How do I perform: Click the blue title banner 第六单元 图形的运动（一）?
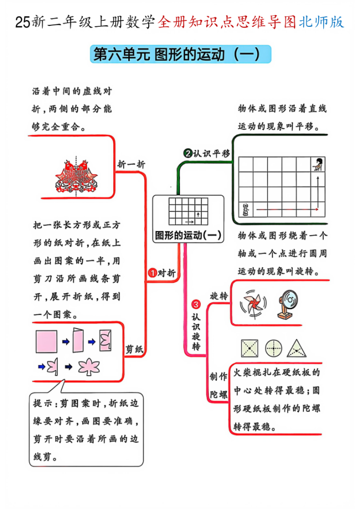point(180,54)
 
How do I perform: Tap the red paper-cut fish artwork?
point(76,176)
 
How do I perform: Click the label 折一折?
point(131,165)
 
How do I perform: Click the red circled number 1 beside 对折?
point(153,273)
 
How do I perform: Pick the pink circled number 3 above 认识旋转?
point(196,304)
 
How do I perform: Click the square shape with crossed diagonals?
point(250,348)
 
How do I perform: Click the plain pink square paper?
point(46,341)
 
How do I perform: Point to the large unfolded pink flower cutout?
point(90,368)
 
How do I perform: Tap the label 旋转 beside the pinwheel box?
point(219,296)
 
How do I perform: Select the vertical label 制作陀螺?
point(217,385)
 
